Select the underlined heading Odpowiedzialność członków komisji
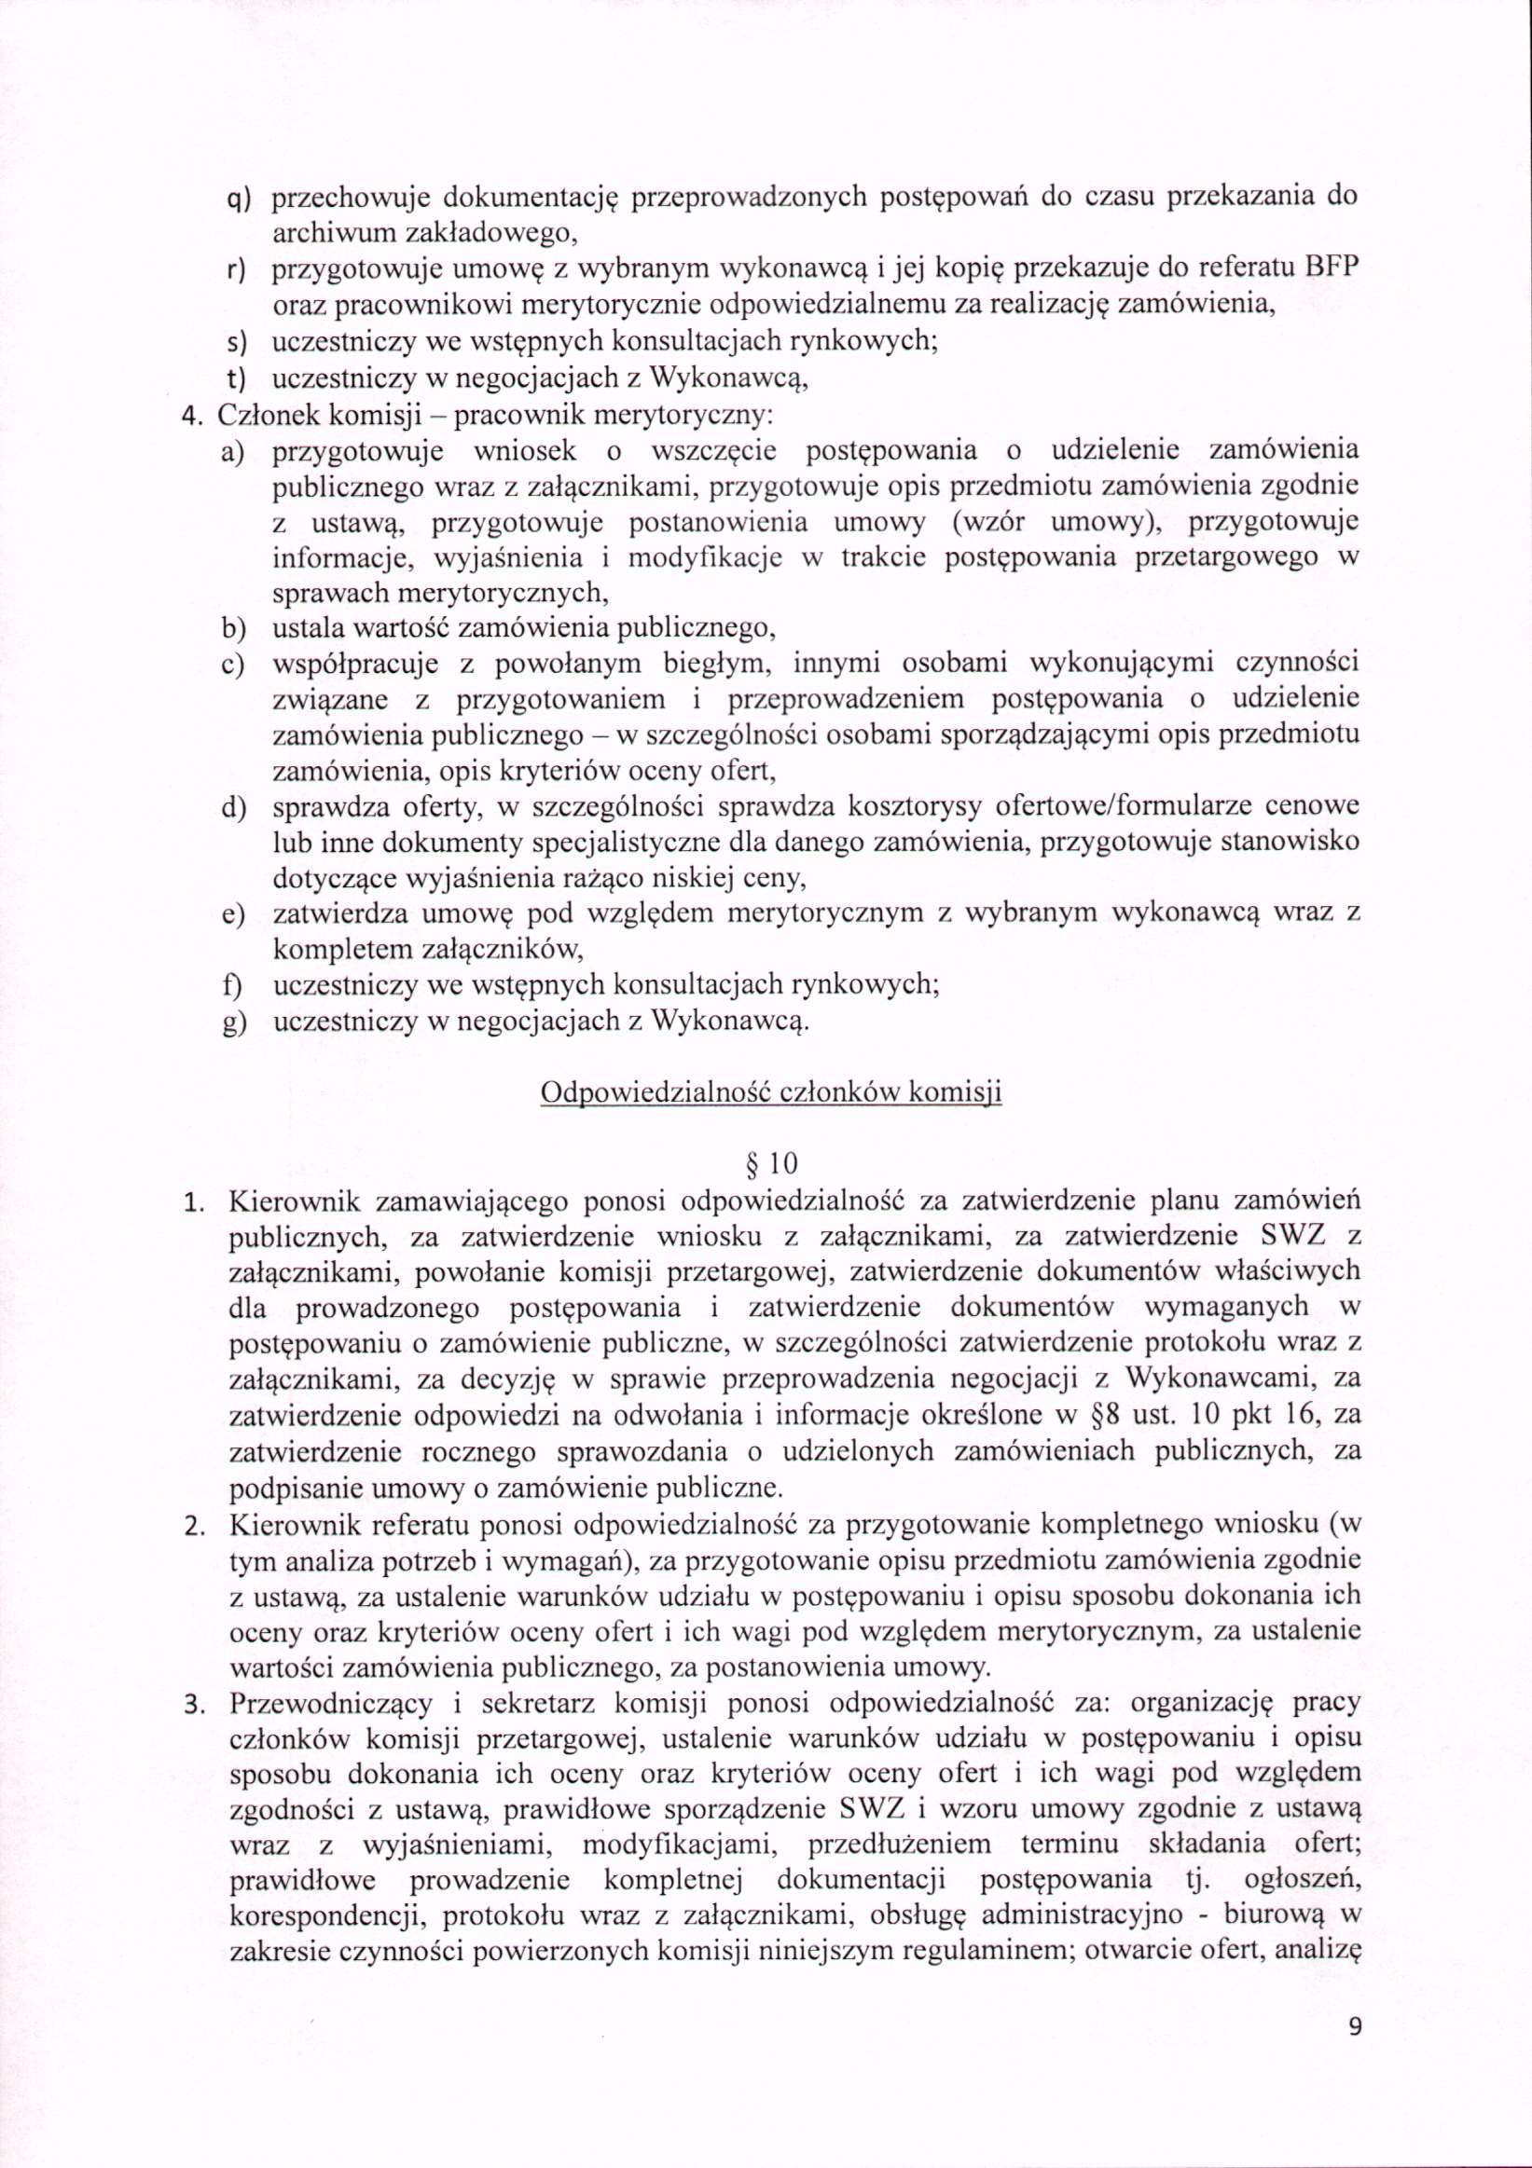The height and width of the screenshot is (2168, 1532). pyautogui.click(x=771, y=1093)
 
